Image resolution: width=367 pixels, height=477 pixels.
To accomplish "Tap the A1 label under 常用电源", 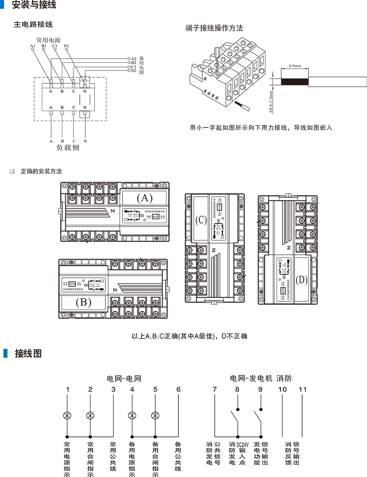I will pos(33,46).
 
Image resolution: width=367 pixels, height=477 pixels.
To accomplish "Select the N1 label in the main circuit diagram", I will pos(67,46).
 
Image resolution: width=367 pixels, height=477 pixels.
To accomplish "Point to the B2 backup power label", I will pos(134,62).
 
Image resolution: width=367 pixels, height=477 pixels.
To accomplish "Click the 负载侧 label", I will pos(68,148).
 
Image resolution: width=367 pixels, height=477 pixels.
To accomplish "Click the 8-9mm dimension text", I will pos(295,66).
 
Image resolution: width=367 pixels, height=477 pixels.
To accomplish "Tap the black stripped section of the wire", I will pos(294,82).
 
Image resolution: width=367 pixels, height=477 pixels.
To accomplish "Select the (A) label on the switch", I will pos(144,198).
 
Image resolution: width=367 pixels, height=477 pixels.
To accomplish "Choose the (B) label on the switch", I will pos(83,302).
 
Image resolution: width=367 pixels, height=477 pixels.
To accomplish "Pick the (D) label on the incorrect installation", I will pos(301,280).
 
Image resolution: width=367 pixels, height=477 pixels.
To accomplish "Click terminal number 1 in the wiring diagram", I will pos(67,389).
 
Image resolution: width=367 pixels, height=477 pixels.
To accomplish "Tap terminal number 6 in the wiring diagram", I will pos(178,389).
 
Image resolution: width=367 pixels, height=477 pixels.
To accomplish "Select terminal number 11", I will pos(303,389).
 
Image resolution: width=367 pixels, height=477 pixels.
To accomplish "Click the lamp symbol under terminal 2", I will pos(90,415).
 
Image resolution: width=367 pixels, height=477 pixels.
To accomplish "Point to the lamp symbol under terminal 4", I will pos(132,415).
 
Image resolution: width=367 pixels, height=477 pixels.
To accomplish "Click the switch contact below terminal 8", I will pos(235,417).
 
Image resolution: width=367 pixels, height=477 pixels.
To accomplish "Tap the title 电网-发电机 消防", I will pos(261,378).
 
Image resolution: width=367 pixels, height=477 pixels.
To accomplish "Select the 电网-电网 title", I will pos(124,378).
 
